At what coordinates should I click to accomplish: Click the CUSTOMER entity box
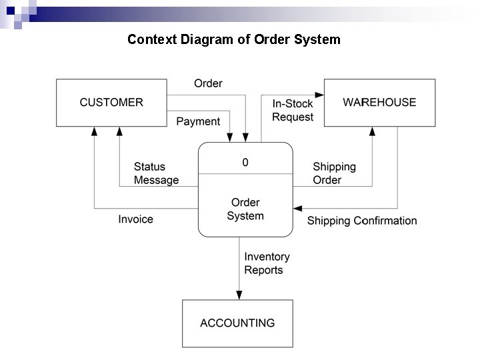click(111, 103)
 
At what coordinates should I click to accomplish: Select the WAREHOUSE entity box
click(379, 103)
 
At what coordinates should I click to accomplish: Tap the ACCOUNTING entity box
click(237, 323)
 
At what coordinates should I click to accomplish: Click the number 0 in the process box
click(245, 163)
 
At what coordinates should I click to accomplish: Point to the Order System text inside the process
click(245, 209)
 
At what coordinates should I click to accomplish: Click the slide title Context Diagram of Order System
click(234, 39)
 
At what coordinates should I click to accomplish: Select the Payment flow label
click(198, 121)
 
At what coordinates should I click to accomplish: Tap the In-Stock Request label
click(293, 111)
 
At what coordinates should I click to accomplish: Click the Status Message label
click(156, 173)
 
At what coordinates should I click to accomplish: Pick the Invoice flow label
click(135, 219)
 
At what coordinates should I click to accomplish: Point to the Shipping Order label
click(334, 173)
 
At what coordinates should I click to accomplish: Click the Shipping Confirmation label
click(362, 221)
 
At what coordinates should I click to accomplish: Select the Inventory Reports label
click(267, 263)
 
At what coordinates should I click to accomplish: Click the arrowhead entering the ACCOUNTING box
click(238, 295)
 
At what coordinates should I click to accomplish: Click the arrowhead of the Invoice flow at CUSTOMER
click(95, 131)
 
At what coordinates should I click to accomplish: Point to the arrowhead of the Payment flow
click(230, 137)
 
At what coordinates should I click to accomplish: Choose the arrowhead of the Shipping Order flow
click(372, 131)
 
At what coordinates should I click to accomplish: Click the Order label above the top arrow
click(208, 83)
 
